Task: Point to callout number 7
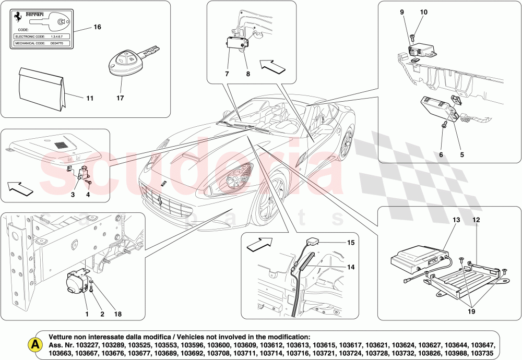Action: [227, 74]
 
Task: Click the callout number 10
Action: [423, 12]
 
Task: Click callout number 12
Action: [476, 220]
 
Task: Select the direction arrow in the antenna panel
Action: [258, 244]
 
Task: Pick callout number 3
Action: [73, 195]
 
